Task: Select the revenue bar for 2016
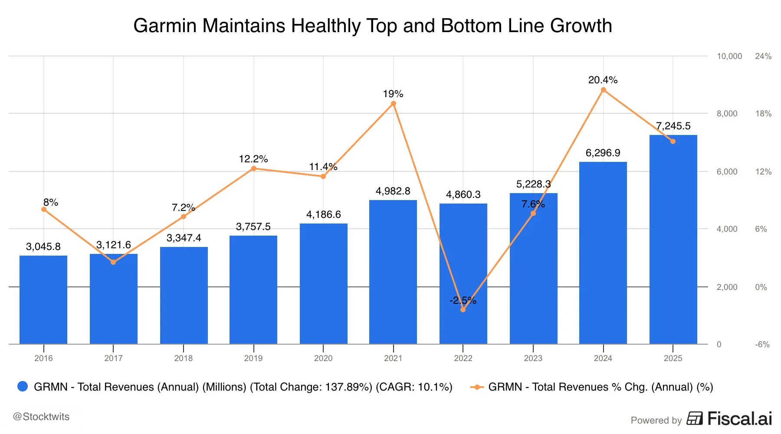tap(43, 300)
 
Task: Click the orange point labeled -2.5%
tap(463, 309)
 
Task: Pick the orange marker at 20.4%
tap(603, 90)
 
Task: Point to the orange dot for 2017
tap(113, 262)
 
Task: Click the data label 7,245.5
tap(673, 126)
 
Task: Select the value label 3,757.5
tap(253, 227)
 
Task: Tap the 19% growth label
tap(393, 94)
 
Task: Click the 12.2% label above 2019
tap(253, 159)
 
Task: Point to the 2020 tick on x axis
tap(323, 358)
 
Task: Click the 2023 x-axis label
tap(533, 358)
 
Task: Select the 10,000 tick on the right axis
tap(729, 56)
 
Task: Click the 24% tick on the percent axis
tap(763, 56)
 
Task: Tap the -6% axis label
tap(762, 345)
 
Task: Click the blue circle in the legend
tap(23, 386)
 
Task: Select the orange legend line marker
tap(477, 387)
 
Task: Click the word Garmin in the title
tap(165, 26)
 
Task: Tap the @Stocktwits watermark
tap(41, 417)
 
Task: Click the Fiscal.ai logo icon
tap(694, 419)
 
